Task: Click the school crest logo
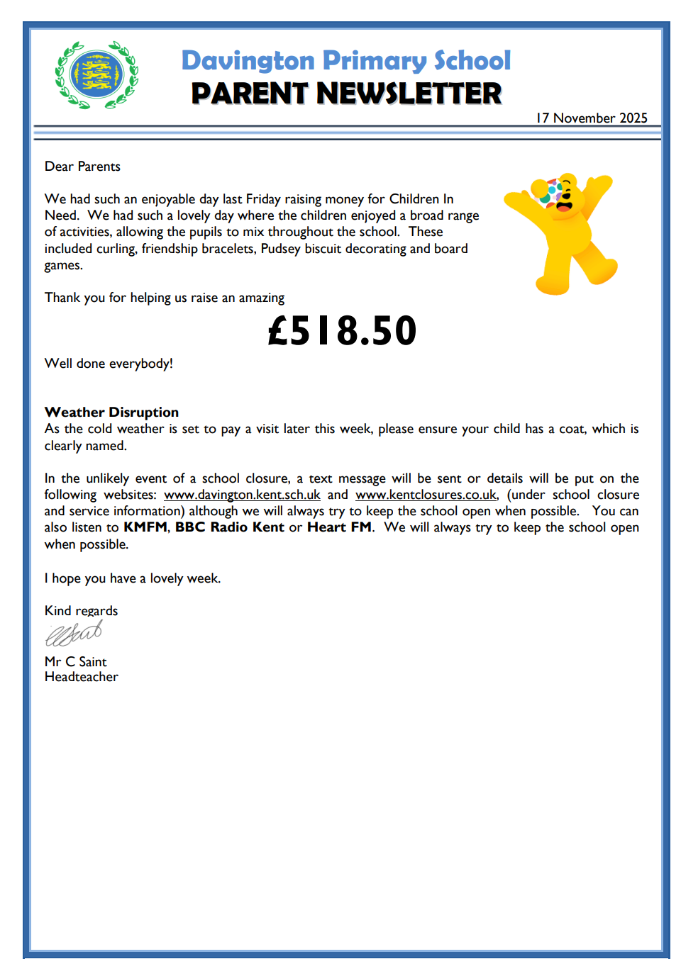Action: (96, 74)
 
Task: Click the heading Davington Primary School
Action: (345, 60)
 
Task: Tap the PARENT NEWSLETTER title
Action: (346, 94)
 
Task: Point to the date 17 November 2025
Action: (592, 118)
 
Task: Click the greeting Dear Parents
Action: (82, 167)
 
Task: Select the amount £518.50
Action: (342, 330)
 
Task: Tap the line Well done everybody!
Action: (109, 364)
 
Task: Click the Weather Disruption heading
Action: (111, 412)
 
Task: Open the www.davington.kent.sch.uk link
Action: (242, 495)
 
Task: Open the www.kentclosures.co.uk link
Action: (426, 495)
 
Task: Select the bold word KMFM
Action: (145, 527)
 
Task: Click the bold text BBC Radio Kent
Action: (229, 527)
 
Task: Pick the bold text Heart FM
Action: (339, 527)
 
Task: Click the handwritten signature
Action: (74, 633)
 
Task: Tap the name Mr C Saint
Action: (75, 661)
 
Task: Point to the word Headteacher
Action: (81, 677)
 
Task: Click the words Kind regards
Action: (81, 610)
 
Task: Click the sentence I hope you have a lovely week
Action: (133, 578)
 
